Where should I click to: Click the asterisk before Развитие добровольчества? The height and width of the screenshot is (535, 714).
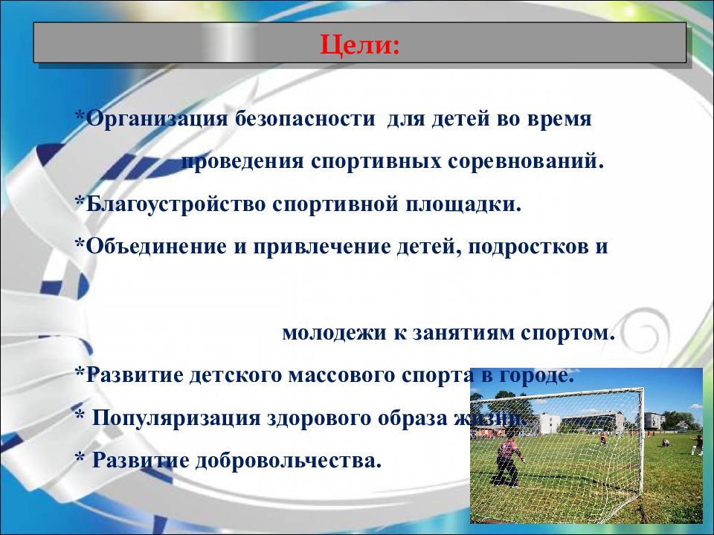(79, 459)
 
